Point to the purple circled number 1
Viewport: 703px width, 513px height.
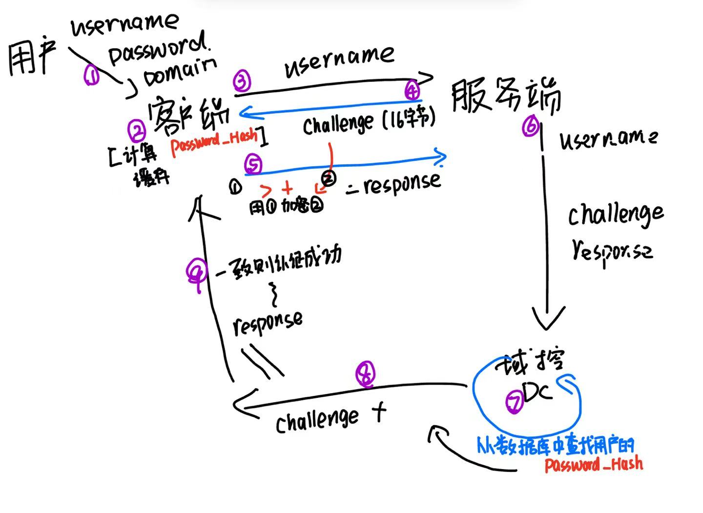[x=91, y=75]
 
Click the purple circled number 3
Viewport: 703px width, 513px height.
[x=242, y=81]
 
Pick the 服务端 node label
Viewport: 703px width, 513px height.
[x=505, y=97]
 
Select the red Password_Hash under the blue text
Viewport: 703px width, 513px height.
[x=594, y=464]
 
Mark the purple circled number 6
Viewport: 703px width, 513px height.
[x=530, y=127]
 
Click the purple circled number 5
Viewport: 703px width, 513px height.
[x=253, y=165]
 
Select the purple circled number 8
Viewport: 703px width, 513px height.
[x=366, y=375]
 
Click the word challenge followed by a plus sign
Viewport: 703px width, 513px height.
[x=317, y=419]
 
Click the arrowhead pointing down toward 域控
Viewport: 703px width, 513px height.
[x=548, y=319]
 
